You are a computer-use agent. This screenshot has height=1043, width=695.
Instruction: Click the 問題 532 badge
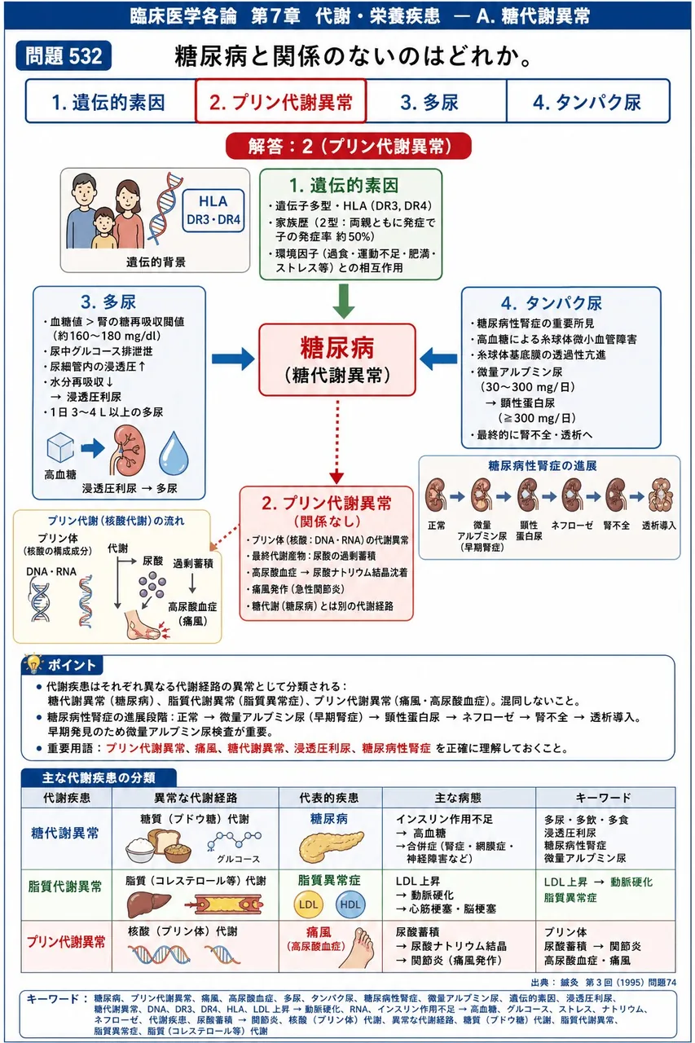click(x=64, y=56)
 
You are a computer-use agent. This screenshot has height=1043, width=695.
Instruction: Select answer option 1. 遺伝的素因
click(x=110, y=102)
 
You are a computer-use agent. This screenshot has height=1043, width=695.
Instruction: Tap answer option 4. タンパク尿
click(x=588, y=102)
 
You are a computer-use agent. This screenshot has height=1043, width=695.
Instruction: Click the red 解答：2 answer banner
click(x=349, y=146)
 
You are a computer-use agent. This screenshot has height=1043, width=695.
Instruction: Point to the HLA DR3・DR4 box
click(x=213, y=210)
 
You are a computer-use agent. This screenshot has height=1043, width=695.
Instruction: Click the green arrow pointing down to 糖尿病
click(x=344, y=301)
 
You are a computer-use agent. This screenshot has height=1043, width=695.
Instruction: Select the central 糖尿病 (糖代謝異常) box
click(x=337, y=360)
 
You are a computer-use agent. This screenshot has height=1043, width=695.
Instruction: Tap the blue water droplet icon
click(x=174, y=452)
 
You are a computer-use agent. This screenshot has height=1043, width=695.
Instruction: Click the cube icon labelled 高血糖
click(x=60, y=448)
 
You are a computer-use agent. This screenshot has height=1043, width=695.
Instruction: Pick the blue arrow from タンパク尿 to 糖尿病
click(x=438, y=359)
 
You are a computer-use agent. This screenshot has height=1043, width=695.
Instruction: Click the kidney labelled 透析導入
click(x=661, y=496)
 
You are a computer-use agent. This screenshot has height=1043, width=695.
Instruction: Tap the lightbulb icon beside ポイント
click(x=33, y=664)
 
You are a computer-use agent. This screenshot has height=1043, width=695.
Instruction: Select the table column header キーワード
click(x=603, y=798)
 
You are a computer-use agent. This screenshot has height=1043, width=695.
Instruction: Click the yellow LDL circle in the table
click(x=308, y=904)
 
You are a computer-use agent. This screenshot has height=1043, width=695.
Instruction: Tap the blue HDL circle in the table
click(x=350, y=904)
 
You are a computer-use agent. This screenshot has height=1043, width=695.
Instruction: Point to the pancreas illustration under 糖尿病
click(x=331, y=844)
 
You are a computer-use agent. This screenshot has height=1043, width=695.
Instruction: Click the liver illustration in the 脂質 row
click(x=148, y=904)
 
